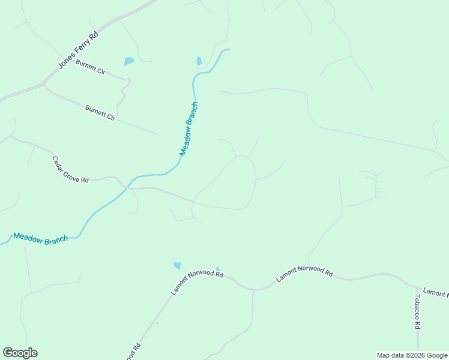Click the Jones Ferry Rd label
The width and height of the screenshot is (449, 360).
coord(78,50)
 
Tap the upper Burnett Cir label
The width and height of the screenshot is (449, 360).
coord(91,67)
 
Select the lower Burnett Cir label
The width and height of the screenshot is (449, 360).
coord(100,113)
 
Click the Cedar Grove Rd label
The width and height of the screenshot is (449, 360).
coord(70,170)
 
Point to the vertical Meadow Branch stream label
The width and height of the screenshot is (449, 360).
coord(189,129)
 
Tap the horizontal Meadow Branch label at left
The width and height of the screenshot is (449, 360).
coord(40,238)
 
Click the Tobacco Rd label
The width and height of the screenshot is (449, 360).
coord(417,311)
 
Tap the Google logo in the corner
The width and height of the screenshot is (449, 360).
coord(20,353)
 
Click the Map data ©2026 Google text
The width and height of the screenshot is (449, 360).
coord(412,355)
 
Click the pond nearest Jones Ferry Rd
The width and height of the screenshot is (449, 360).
coord(129,61)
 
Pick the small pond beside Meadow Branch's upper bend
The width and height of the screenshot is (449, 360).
coord(199,61)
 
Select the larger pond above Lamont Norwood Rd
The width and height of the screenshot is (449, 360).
coord(177,265)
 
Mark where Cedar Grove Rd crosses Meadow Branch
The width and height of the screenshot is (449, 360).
coord(127,188)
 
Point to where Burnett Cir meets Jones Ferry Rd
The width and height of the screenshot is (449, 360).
coord(43,84)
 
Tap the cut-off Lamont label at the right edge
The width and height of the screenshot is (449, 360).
coord(436,293)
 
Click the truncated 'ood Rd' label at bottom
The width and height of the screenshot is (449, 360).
coord(134,351)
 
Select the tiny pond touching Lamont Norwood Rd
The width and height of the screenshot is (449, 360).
coord(217,269)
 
